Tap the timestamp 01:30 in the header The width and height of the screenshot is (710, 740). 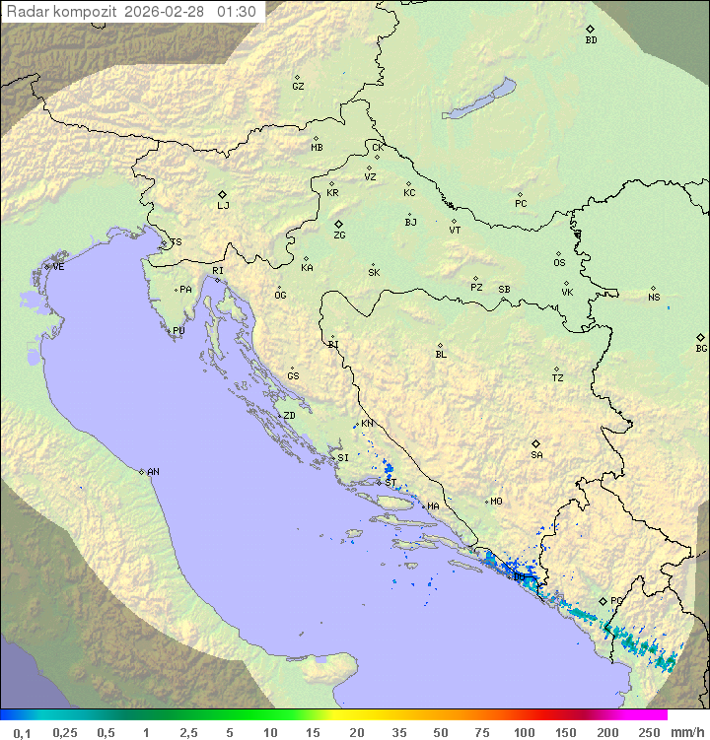238,12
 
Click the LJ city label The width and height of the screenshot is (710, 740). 223,206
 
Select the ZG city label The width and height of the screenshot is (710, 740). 339,235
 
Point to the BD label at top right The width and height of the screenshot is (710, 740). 591,40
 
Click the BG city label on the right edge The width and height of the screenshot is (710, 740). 701,348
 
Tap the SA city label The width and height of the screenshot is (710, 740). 536,454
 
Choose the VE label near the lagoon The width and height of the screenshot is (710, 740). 58,267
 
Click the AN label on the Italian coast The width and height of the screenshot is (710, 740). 153,472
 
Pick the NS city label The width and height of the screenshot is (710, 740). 654,298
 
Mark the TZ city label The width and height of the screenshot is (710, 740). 558,378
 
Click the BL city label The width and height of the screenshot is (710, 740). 441,355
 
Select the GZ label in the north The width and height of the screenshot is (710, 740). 298,87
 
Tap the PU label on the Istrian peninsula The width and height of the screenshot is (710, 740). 178,331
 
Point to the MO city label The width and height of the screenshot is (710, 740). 496,502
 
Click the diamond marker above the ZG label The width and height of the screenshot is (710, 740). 338,224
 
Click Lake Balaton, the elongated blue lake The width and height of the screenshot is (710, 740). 478,100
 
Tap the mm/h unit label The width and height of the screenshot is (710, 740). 686,732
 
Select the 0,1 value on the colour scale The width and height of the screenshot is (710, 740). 21,732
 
